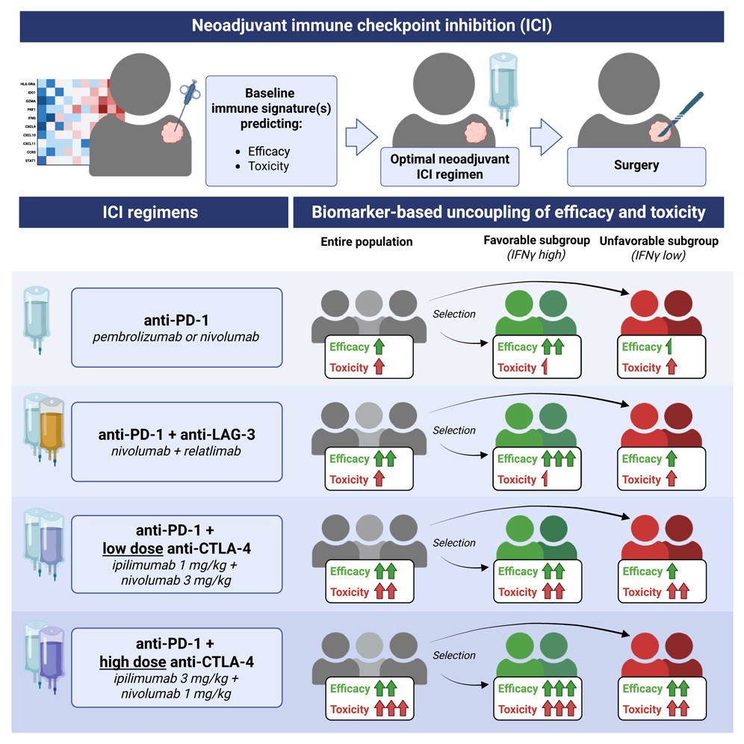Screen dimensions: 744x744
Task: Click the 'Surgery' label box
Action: pyautogui.click(x=636, y=167)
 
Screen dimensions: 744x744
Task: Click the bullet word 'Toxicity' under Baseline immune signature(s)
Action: pyautogui.click(x=268, y=166)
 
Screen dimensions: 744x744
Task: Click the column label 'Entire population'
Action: pyautogui.click(x=367, y=242)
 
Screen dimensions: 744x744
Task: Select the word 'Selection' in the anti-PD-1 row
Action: pyautogui.click(x=454, y=314)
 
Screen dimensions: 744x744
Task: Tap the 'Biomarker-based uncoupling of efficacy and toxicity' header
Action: pyautogui.click(x=509, y=212)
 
